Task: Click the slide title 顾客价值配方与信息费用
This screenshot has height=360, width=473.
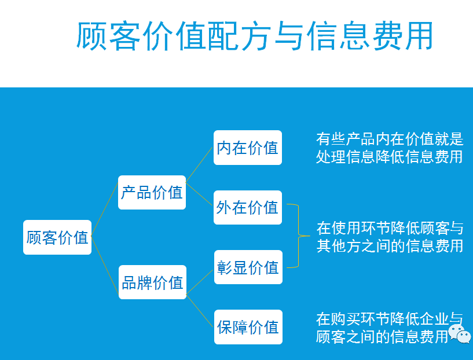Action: [x=255, y=36]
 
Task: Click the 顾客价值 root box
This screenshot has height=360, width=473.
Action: [x=57, y=237]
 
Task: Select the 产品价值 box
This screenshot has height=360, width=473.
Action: [x=152, y=192]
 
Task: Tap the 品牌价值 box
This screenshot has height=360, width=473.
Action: [x=152, y=282]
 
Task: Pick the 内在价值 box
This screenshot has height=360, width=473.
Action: [x=247, y=148]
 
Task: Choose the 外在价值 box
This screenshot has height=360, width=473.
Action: [x=247, y=207]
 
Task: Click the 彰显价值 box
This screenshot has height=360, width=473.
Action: [x=247, y=267]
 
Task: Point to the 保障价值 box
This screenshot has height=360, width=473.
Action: [x=247, y=328]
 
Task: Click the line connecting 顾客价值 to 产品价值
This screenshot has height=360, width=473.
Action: [x=105, y=215]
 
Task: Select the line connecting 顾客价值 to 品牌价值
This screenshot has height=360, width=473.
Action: [x=105, y=260]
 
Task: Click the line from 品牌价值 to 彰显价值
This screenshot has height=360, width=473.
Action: [x=200, y=277]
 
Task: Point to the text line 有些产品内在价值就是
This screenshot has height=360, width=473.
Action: [x=390, y=139]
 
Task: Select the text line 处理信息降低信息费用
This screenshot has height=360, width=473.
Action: [x=390, y=157]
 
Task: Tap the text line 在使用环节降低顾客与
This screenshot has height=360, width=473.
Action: [x=390, y=227]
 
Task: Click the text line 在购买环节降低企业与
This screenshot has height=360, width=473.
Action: [x=390, y=318]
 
